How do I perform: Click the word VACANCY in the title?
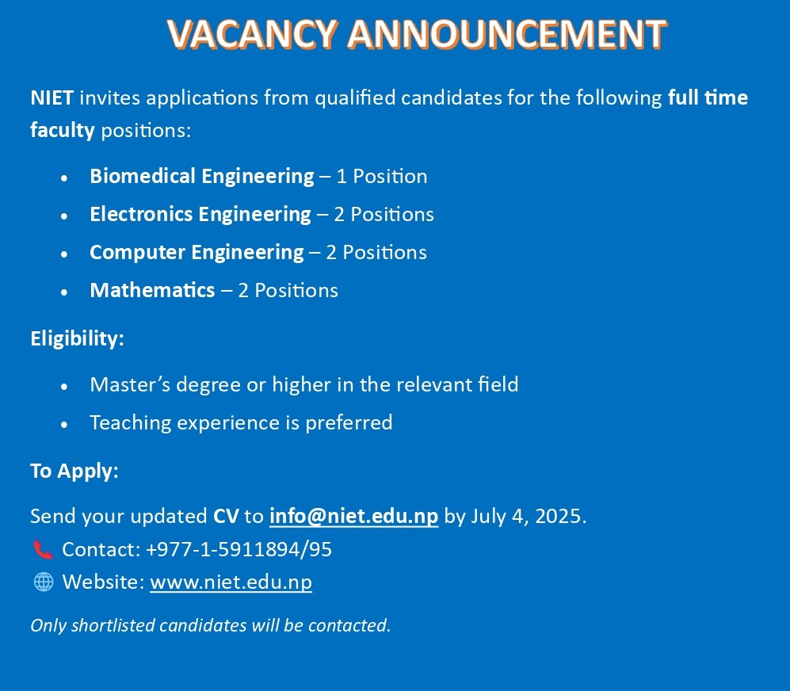coord(253,34)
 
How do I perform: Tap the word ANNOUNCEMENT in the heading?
coord(507,34)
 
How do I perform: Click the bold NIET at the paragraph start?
coord(52,97)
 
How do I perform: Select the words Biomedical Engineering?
coord(202,177)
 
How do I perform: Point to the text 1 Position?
coord(382,177)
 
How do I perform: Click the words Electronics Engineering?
coord(200,215)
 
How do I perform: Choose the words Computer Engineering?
coord(197,253)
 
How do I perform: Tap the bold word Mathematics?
coord(153,290)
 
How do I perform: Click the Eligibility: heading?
coord(77,338)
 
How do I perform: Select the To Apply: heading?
coord(74,471)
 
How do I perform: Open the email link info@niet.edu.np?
coord(353,517)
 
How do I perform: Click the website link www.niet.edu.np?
coord(231,582)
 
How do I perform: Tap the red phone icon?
coord(44,549)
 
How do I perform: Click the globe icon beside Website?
coord(44,582)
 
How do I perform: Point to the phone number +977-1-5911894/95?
coord(239,549)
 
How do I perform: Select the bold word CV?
coord(226,517)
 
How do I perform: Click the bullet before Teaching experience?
coord(64,425)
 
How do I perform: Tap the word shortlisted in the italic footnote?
coord(113,625)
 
